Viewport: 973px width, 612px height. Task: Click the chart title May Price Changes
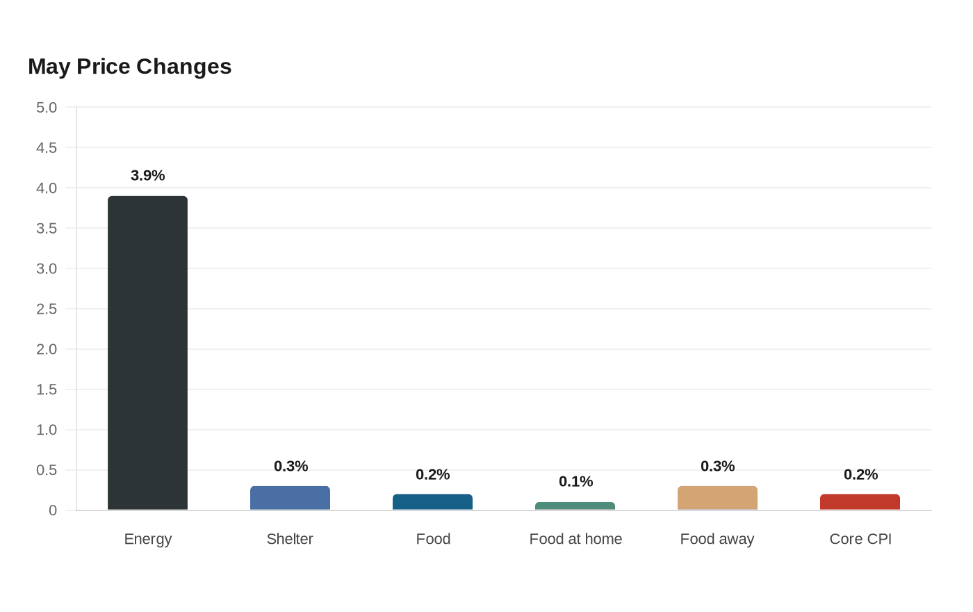point(129,67)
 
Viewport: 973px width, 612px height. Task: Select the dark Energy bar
point(147,353)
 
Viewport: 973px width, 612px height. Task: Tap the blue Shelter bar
point(291,498)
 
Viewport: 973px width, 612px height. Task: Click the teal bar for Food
point(432,502)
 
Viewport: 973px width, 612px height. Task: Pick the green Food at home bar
point(575,506)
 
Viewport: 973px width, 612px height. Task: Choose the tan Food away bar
point(717,498)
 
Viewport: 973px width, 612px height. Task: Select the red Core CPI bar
point(860,502)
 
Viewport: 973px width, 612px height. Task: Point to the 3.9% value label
point(147,175)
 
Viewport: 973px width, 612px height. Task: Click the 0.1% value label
point(575,481)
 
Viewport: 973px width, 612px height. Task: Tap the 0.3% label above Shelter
point(291,467)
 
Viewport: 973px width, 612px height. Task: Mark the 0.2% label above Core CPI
point(860,474)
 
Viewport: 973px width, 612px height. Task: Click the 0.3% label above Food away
point(717,467)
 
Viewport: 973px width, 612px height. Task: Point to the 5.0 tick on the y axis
point(47,107)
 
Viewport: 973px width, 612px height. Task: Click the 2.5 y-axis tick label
point(47,309)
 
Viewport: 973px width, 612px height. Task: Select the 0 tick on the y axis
point(53,510)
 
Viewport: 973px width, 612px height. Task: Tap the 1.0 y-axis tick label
point(47,430)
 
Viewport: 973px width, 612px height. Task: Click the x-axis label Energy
point(147,540)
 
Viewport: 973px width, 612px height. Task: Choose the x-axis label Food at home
point(575,539)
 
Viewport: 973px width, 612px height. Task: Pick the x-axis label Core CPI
point(860,539)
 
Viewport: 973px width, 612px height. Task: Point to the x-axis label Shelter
point(290,539)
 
